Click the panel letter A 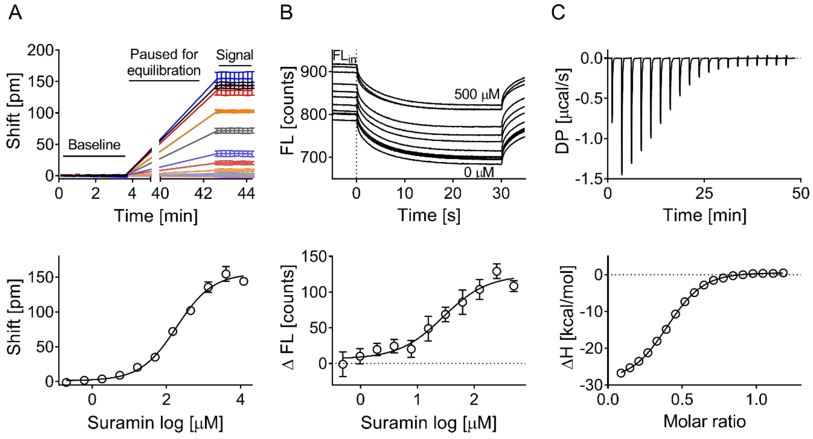[x=15, y=13]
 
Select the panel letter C [x=558, y=13]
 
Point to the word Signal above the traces [x=234, y=55]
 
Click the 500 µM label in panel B [x=477, y=94]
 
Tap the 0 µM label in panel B [x=479, y=172]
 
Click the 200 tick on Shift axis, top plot [x=40, y=50]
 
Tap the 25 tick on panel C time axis [x=704, y=193]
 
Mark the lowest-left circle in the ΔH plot [x=621, y=373]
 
